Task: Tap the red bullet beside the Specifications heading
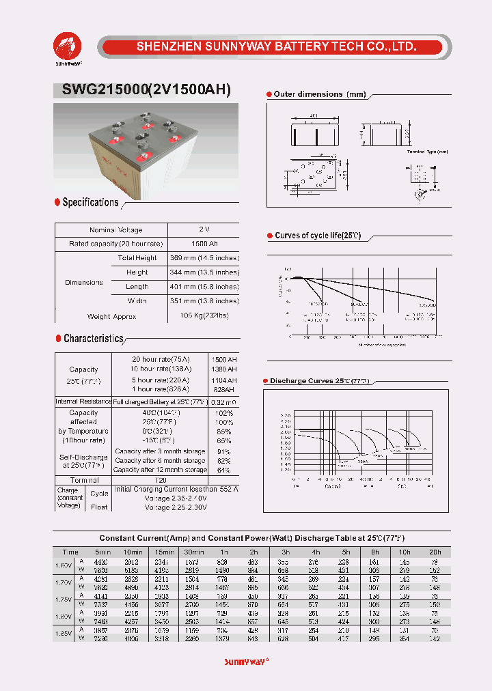click(57, 202)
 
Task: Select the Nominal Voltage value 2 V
click(204, 230)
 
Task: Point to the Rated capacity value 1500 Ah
click(204, 244)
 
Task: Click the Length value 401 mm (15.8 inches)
click(204, 287)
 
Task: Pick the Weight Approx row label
click(111, 317)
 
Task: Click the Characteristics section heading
click(94, 339)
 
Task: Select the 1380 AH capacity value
click(223, 369)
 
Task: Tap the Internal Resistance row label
click(83, 401)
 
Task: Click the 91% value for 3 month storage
click(223, 451)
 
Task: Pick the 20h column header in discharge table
click(436, 552)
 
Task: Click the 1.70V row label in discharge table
click(63, 583)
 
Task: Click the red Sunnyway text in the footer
click(246, 662)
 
